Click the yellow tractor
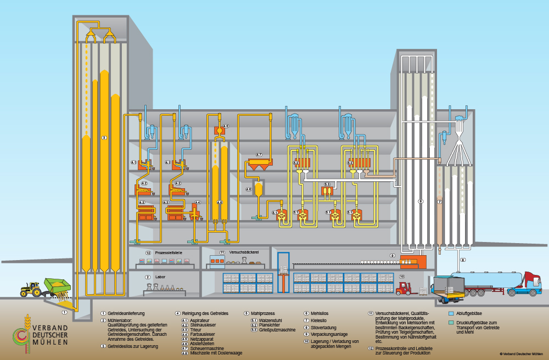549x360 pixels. click(x=31, y=289)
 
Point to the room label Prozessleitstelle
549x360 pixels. click(x=168, y=252)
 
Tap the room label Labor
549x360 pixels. click(x=160, y=277)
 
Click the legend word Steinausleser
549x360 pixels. click(x=203, y=325)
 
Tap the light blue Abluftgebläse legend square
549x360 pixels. click(x=451, y=313)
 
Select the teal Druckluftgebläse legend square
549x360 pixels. click(x=451, y=323)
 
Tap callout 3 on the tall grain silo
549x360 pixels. click(x=104, y=138)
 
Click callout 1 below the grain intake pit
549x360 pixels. click(x=65, y=312)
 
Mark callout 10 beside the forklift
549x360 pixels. click(x=401, y=277)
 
